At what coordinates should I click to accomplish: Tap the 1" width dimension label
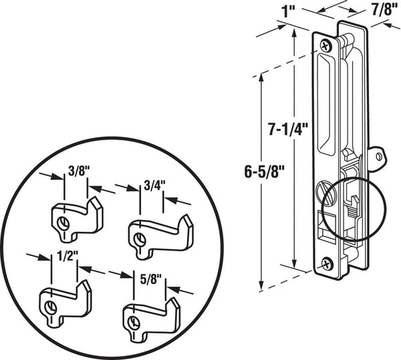coord(287,11)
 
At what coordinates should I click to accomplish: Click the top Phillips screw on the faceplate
coord(325,46)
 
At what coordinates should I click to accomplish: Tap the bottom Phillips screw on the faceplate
coord(327,264)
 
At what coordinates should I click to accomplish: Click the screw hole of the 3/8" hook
coord(63,223)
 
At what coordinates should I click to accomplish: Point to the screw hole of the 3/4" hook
coord(140,239)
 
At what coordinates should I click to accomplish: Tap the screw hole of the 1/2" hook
coord(51,307)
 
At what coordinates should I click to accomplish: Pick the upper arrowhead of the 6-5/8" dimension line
coord(261,78)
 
